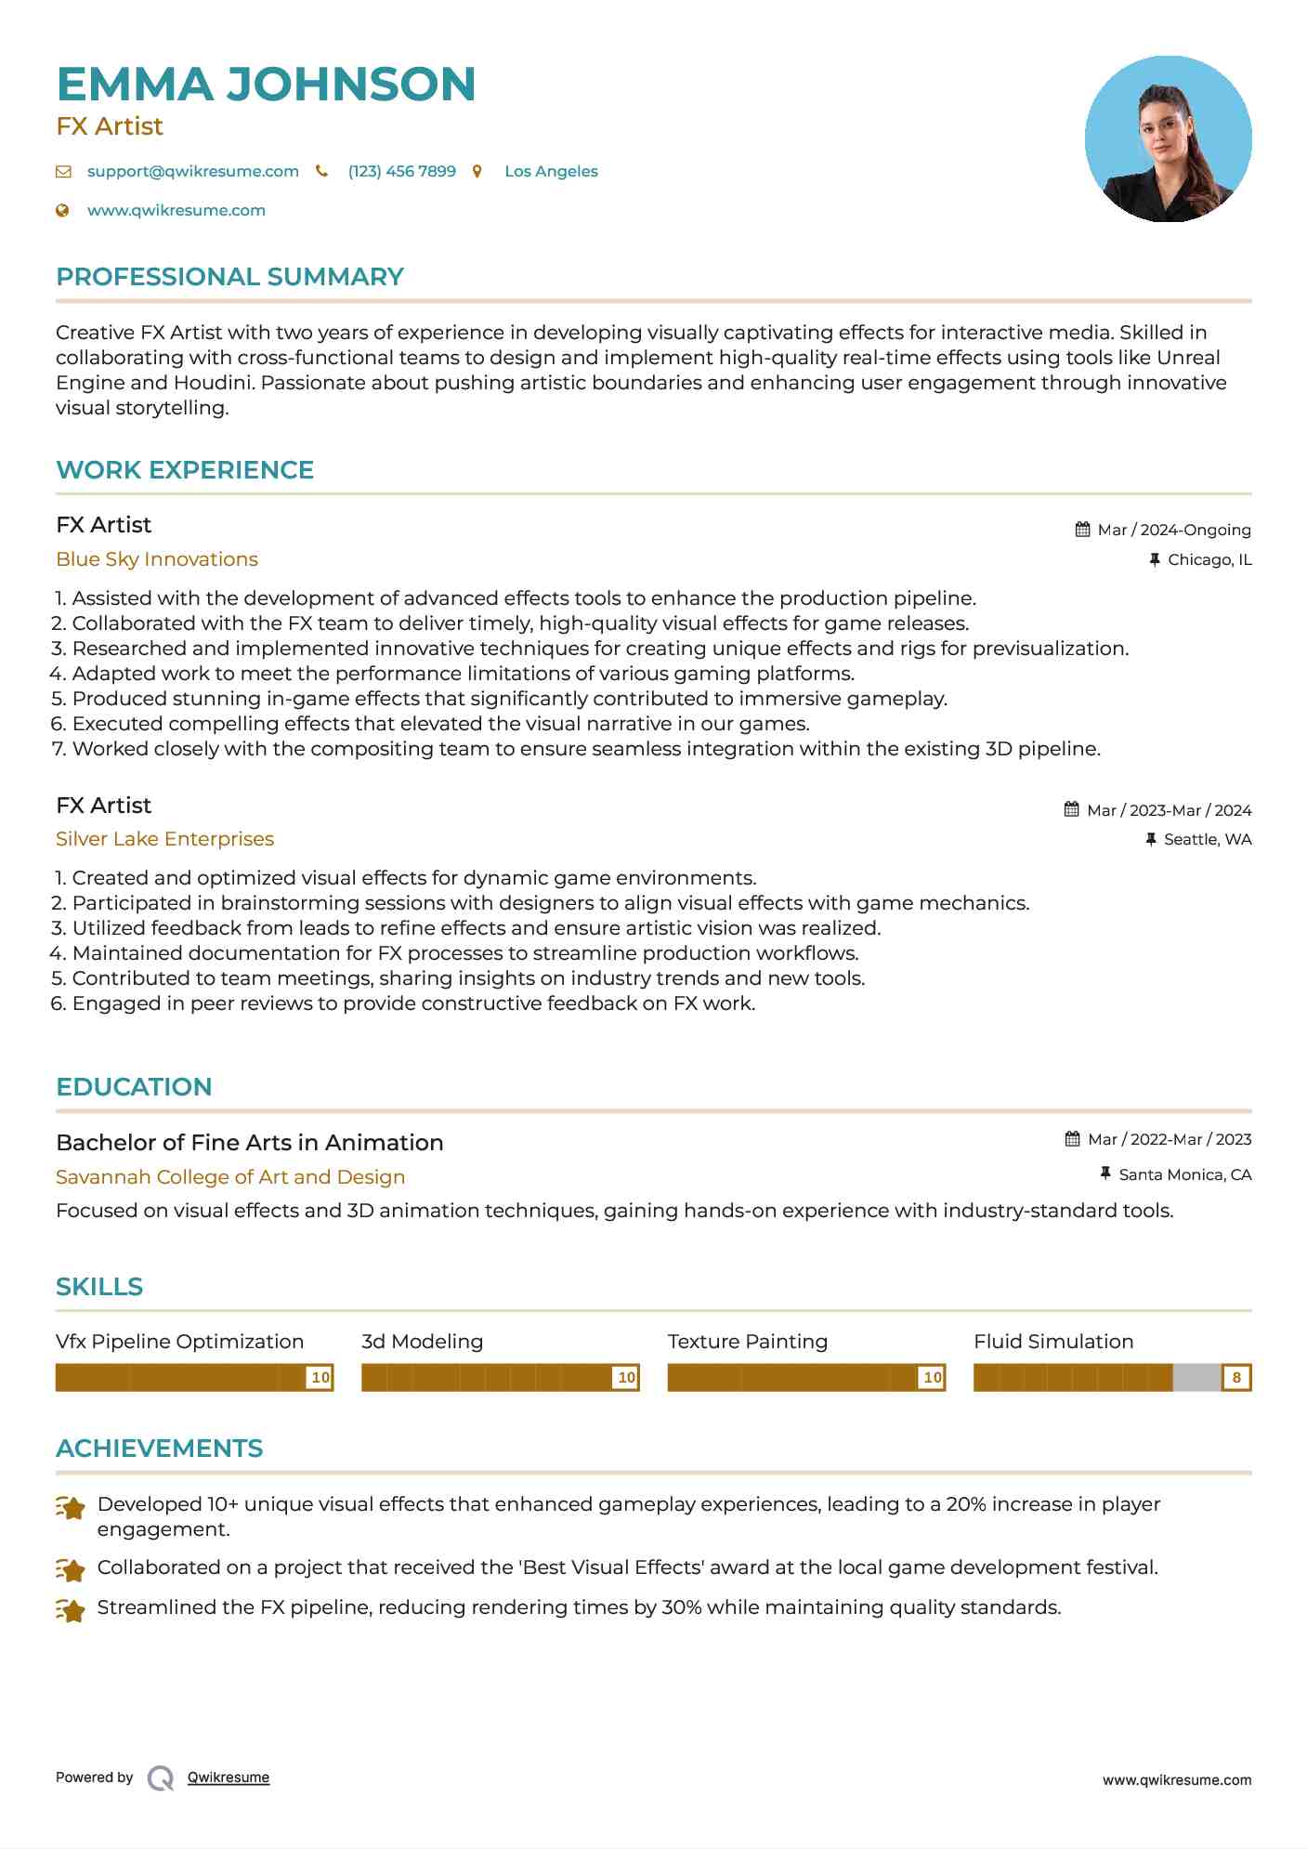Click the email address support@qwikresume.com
coord(192,171)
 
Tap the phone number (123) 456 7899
coord(401,171)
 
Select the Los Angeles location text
coord(551,171)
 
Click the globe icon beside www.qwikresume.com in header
coord(62,211)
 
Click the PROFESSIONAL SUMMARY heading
coord(229,277)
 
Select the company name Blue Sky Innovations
coord(157,559)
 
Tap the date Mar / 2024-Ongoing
coord(1173,530)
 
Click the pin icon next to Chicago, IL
coord(1154,559)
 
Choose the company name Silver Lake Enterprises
coord(164,839)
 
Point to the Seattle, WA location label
coord(1207,839)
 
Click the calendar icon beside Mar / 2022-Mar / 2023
coord(1072,1139)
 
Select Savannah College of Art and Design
coord(230,1177)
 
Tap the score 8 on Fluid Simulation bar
coord(1236,1377)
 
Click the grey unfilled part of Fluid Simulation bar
coord(1196,1377)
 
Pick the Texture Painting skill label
coord(747,1342)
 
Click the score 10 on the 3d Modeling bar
coord(626,1377)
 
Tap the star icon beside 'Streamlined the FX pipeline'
coord(71,1609)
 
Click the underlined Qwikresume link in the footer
coord(229,1777)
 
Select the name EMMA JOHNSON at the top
coord(266,84)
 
